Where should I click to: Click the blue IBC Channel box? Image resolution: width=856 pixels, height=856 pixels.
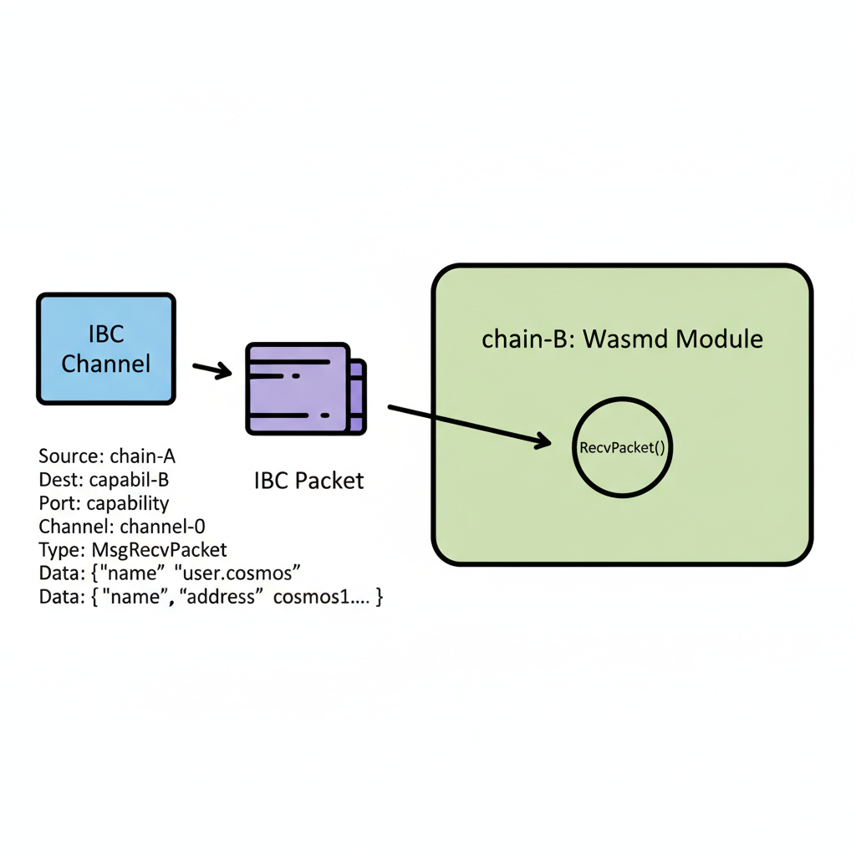[x=106, y=349]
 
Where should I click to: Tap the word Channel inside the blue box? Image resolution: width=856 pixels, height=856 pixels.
[x=106, y=364]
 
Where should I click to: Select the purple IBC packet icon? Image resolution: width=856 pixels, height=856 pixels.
[x=305, y=389]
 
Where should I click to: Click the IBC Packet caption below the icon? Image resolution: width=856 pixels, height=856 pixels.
[x=308, y=481]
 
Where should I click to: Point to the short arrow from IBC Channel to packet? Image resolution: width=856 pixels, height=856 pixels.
[x=211, y=370]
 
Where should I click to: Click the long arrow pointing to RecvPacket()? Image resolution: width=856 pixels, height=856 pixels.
[x=468, y=425]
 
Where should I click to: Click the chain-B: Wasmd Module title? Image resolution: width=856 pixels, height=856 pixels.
[x=622, y=339]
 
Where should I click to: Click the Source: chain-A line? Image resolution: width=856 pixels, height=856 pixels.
[x=107, y=456]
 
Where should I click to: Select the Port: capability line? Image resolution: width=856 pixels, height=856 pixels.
[x=104, y=503]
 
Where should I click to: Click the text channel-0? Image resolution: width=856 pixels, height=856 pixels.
[x=162, y=527]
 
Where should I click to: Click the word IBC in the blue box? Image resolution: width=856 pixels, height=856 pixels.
[x=106, y=335]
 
